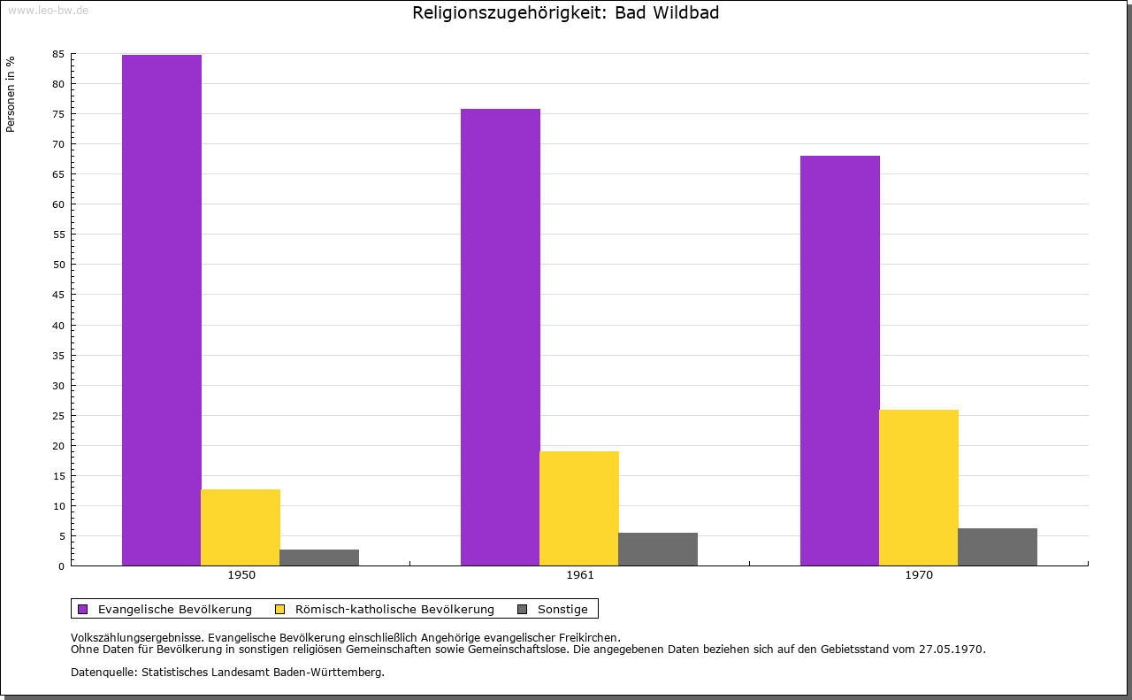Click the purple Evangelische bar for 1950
(162, 310)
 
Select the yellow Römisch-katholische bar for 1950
(241, 527)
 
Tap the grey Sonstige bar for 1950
(319, 558)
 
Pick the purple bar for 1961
(501, 336)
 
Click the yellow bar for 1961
(579, 508)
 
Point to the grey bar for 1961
(658, 549)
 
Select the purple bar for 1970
(840, 360)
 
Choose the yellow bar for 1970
(919, 488)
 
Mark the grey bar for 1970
(998, 547)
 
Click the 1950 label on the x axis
(241, 575)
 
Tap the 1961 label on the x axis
(580, 575)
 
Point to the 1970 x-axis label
(919, 575)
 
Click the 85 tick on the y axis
(58, 54)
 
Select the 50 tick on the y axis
(58, 265)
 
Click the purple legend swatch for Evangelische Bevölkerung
(83, 609)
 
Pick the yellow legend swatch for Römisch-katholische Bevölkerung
(280, 609)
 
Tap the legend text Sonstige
(562, 609)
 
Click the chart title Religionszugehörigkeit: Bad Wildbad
(566, 13)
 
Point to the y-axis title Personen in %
(11, 94)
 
